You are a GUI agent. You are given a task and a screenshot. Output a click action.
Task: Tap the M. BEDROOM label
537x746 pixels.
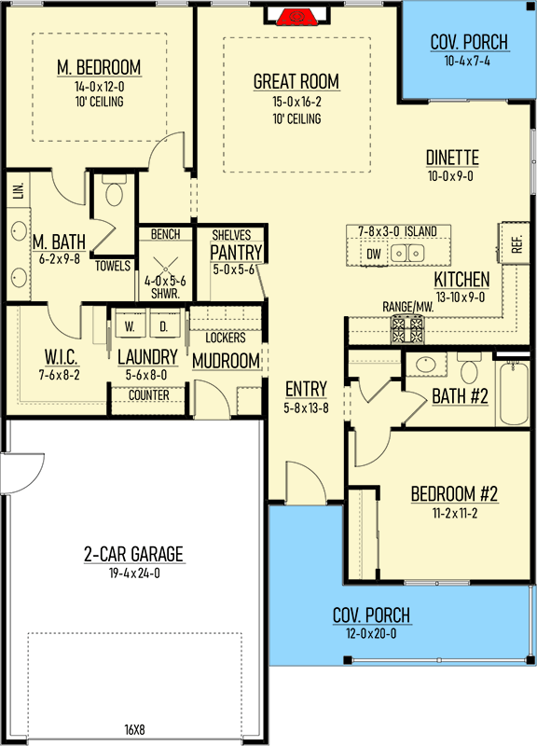99,67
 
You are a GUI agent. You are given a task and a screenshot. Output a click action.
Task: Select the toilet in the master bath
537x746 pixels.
114,190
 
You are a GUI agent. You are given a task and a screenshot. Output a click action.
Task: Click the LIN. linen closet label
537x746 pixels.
19,190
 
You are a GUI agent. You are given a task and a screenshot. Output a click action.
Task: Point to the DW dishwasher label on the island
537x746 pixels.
373,254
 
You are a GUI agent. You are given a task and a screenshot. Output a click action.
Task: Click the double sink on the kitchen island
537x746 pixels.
407,253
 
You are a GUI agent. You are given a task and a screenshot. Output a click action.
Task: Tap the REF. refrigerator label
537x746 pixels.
516,243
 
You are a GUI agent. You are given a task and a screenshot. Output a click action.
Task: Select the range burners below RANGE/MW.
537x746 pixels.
406,330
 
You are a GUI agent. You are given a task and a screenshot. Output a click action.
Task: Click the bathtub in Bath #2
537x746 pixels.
513,393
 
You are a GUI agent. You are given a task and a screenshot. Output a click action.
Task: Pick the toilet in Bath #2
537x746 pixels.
470,368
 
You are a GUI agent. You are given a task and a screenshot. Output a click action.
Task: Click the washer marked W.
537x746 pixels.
130,325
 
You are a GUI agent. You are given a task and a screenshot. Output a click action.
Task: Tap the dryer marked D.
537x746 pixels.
164,325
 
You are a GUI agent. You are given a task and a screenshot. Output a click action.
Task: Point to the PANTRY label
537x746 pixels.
237,252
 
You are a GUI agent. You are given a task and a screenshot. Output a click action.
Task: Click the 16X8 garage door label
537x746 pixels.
134,729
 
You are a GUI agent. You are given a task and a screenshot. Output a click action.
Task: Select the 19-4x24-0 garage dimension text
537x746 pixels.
134,573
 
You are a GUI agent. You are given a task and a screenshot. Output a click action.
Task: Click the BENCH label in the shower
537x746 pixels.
166,234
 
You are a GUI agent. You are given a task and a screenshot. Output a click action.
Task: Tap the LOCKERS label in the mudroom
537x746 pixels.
226,338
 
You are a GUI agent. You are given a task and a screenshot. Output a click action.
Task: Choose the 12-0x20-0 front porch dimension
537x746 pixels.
371,634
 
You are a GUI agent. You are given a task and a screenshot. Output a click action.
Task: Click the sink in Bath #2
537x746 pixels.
425,365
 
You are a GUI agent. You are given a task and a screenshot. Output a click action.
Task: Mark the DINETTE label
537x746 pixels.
452,158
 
